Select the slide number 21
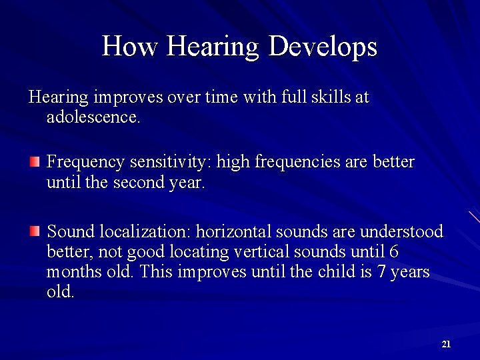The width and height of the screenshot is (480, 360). pos(446,344)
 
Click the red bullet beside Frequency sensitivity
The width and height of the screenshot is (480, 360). pos(35,161)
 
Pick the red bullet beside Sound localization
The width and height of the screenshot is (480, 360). pos(35,231)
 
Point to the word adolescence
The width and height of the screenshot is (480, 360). pos(93,119)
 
